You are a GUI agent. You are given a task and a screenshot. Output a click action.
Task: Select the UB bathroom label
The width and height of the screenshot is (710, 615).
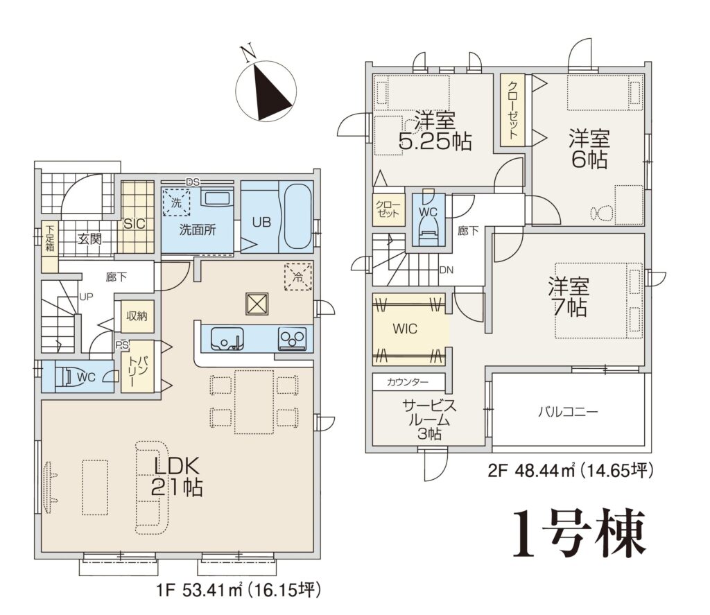(x=261, y=222)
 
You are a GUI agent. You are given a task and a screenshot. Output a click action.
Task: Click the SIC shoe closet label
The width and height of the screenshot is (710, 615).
(x=135, y=223)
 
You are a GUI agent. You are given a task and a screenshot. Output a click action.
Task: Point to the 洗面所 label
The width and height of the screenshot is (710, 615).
(x=198, y=229)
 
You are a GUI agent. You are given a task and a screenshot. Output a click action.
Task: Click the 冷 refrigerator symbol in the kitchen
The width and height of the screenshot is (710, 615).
(x=298, y=276)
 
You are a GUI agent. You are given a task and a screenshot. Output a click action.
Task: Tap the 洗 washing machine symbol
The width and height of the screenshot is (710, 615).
(x=176, y=202)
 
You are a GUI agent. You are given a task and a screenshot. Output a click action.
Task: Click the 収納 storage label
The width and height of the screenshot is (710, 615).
(x=137, y=315)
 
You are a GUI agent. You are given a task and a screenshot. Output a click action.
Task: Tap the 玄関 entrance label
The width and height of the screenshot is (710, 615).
(x=89, y=239)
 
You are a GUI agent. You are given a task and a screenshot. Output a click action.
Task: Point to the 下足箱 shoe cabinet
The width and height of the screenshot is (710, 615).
(x=50, y=239)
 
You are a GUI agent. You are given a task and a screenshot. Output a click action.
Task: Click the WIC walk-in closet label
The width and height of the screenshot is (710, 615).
(x=405, y=329)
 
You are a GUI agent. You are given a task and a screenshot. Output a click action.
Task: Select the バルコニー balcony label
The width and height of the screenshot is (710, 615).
(x=569, y=412)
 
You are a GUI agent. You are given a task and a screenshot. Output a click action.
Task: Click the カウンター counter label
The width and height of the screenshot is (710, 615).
(x=408, y=382)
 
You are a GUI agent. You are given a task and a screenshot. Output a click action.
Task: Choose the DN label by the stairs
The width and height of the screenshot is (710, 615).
(x=446, y=270)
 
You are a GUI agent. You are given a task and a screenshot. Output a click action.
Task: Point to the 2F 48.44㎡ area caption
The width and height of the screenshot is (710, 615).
(x=571, y=471)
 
